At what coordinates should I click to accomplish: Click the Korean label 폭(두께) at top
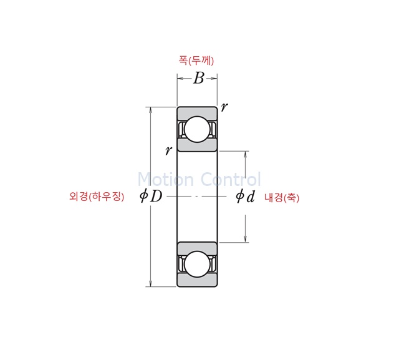click(196, 61)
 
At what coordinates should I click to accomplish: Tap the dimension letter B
click(198, 78)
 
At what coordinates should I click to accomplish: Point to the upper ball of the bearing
click(197, 129)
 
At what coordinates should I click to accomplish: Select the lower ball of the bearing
click(197, 265)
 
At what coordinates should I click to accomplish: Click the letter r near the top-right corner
click(224, 107)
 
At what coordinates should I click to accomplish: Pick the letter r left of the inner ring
click(168, 150)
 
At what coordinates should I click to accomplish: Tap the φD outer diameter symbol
click(151, 197)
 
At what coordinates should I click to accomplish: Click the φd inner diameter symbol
click(245, 197)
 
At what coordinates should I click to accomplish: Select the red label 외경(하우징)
click(97, 197)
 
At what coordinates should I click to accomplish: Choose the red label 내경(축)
click(282, 198)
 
